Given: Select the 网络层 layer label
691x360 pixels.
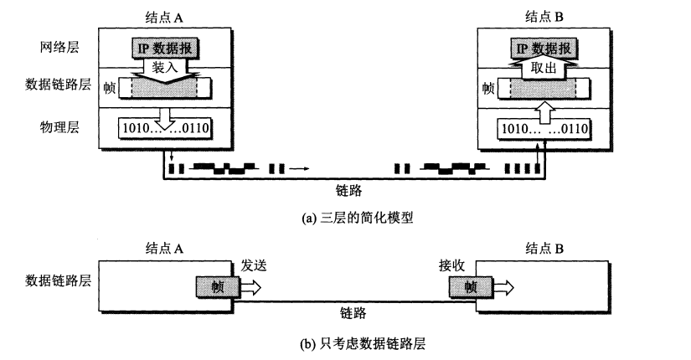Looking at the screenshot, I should [x=56, y=48].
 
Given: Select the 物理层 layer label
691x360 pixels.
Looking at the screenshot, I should [x=56, y=127].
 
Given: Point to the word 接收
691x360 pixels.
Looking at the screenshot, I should [x=452, y=265].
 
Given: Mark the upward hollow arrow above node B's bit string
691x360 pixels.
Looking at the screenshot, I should [x=545, y=110].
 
